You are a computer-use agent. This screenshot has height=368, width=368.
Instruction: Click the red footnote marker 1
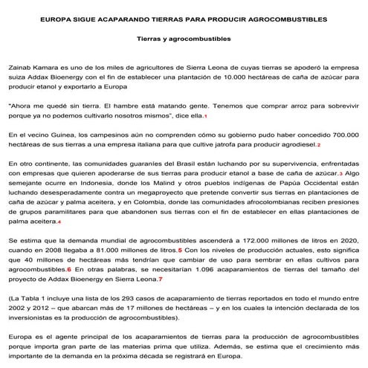tap(205, 117)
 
